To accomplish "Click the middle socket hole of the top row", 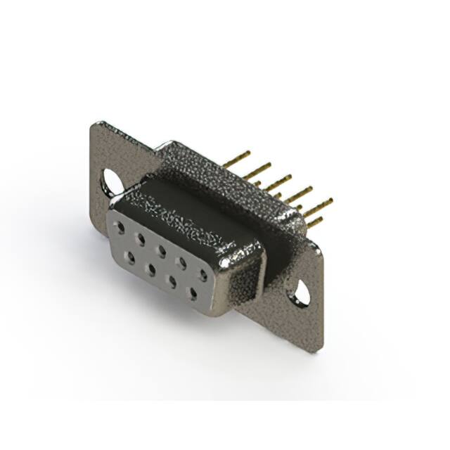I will pyautogui.click(x=162, y=250).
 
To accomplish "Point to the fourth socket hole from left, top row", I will pyautogui.click(x=182, y=262).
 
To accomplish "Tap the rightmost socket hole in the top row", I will pyautogui.click(x=202, y=275).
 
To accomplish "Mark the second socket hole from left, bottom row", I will pyautogui.click(x=150, y=269).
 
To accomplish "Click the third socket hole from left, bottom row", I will pyautogui.click(x=170, y=281).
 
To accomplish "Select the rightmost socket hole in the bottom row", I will pyautogui.click(x=191, y=293).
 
